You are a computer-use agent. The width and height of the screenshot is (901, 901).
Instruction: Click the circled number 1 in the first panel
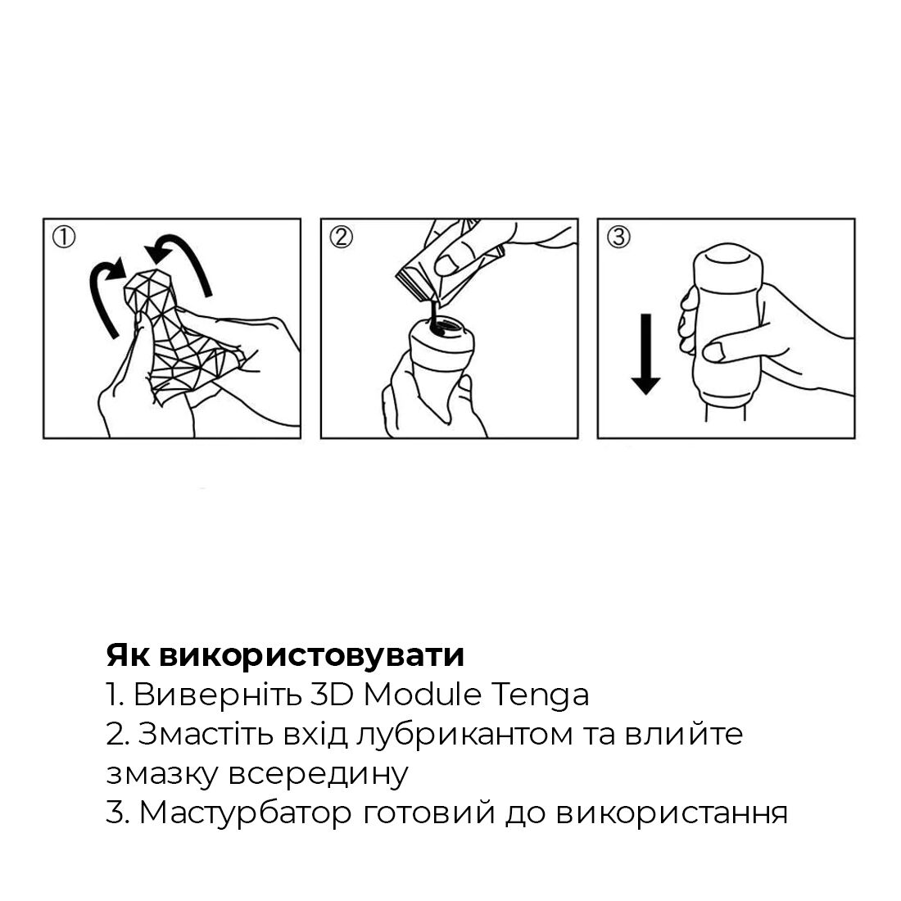click(x=64, y=238)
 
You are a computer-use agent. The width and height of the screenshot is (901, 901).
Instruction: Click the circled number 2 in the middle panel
click(x=341, y=238)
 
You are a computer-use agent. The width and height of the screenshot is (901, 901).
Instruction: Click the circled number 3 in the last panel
click(x=618, y=238)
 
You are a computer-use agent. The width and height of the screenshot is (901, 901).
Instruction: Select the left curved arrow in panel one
click(x=104, y=296)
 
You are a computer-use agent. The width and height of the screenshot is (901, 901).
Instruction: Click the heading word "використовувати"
click(x=311, y=655)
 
